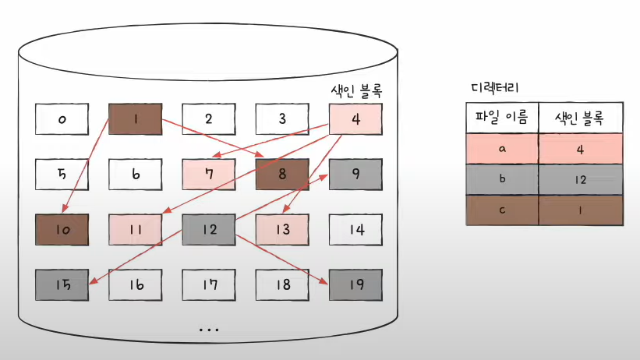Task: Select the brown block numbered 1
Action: click(x=135, y=119)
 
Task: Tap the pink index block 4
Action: click(x=355, y=119)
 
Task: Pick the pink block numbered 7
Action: click(x=208, y=175)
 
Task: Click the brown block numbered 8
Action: click(x=282, y=175)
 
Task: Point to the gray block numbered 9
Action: click(x=355, y=175)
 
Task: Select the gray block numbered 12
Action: click(x=208, y=230)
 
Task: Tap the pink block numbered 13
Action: click(x=282, y=230)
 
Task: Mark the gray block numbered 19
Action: click(x=355, y=285)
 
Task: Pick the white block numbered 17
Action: click(x=208, y=285)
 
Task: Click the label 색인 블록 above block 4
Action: click(x=356, y=90)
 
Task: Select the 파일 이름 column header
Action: click(x=502, y=118)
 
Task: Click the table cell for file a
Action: click(x=502, y=148)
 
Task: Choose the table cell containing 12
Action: click(x=580, y=179)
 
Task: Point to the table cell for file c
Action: click(x=502, y=210)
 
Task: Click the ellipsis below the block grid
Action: click(x=208, y=329)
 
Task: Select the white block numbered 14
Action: click(x=355, y=230)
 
